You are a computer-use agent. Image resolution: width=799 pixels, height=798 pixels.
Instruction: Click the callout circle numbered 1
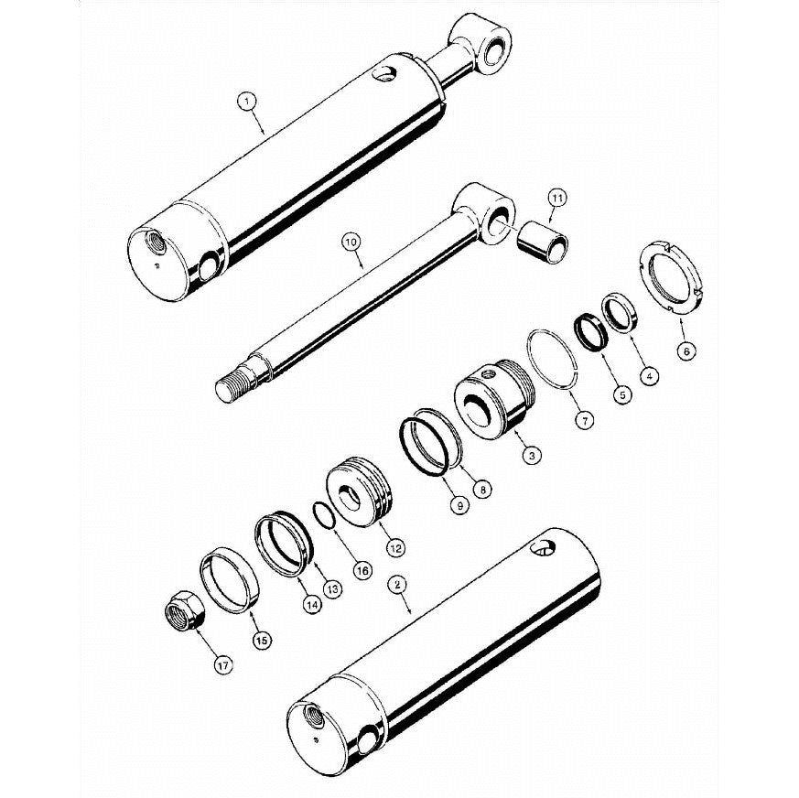coord(247,102)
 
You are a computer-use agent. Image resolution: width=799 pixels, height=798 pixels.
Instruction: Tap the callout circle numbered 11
coord(556,198)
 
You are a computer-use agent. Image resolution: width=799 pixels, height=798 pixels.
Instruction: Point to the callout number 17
coord(223,664)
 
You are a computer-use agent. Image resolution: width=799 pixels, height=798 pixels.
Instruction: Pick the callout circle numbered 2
coord(397,585)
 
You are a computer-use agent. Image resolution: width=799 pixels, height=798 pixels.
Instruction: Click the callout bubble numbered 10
coord(353,242)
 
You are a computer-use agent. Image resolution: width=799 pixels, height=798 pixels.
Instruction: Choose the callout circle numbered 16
coord(362,570)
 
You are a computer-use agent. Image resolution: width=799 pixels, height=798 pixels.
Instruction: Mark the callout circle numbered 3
coord(532,455)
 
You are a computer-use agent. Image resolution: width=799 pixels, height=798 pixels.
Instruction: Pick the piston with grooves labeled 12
coord(361,491)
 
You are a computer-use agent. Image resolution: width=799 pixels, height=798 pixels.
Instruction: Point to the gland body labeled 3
coord(493,400)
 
